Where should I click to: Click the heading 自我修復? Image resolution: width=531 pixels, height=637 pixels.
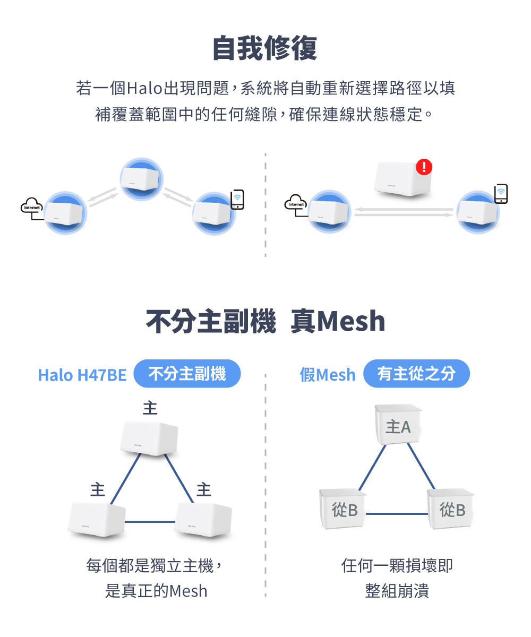pos(264,49)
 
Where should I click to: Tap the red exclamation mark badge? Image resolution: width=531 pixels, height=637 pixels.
pos(424,167)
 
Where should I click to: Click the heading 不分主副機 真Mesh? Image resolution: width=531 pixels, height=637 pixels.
pos(265,322)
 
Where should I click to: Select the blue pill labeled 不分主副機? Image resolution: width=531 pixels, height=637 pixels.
pos(187,374)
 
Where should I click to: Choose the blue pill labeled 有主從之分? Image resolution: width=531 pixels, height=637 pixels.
pos(416,374)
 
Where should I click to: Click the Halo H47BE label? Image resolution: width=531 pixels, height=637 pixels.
pos(82,375)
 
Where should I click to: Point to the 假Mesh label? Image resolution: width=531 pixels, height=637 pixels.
pos(327,375)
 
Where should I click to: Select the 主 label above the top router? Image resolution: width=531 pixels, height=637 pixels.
pos(150,408)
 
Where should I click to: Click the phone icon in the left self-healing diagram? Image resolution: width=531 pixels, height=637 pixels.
pos(237,199)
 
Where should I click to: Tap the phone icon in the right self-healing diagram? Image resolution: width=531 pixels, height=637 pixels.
pos(501,194)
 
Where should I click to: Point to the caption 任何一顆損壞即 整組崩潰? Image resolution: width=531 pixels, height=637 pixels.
pos(397,578)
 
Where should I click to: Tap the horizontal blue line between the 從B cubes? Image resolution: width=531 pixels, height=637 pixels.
pos(397,514)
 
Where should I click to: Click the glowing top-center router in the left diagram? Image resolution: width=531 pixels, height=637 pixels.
pos(141,178)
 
